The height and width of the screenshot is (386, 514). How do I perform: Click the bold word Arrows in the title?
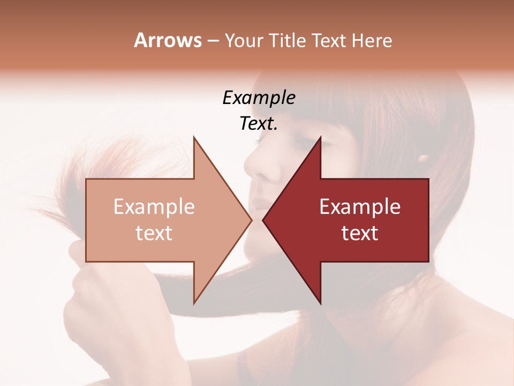pos(168,40)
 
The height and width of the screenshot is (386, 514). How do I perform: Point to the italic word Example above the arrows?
pos(259,98)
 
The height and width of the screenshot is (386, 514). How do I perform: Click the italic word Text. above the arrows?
pos(259,124)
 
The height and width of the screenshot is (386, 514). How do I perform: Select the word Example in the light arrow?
pos(154,206)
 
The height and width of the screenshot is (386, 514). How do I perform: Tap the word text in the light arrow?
pos(154,233)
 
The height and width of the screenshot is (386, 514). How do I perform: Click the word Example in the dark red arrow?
pos(360,206)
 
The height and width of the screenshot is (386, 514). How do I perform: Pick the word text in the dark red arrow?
pos(360,233)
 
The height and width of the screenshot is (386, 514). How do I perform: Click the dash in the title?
pos(213,41)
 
